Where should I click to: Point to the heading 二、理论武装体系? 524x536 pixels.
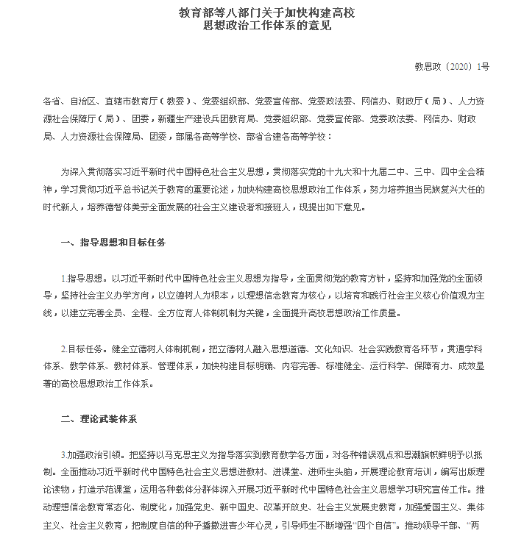click(100, 418)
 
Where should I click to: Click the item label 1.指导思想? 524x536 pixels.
click(85, 279)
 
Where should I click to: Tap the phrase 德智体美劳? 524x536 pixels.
click(131, 207)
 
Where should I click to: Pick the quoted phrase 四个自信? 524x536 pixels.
click(377, 524)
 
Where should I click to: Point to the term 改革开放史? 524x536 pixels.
click(273, 507)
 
